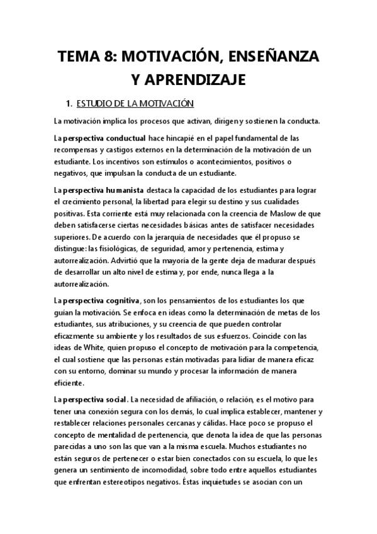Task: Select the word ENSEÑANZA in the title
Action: click(x=278, y=57)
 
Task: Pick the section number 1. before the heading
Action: click(x=70, y=103)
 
